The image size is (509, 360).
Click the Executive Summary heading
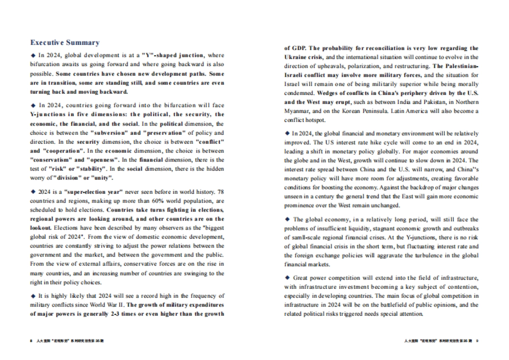(x=65, y=42)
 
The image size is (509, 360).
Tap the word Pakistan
(x=385, y=102)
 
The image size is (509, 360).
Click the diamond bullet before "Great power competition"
(x=287, y=278)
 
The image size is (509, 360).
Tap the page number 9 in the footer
(x=477, y=340)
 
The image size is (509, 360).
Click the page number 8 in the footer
(x=31, y=340)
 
